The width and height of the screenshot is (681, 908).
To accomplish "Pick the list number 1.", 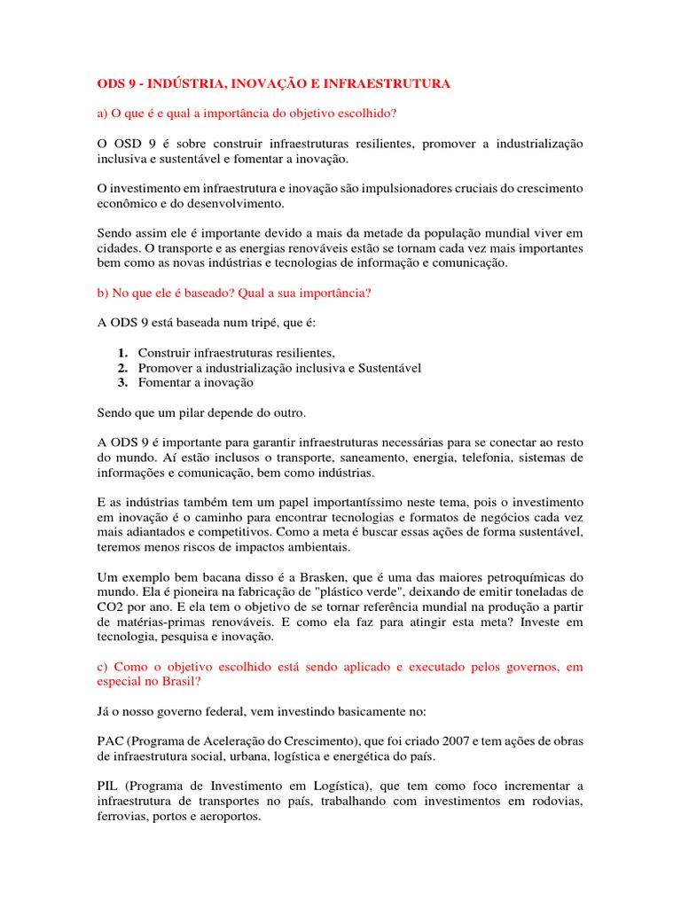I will click(x=122, y=353).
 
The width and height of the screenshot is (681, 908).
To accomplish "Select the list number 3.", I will click(x=122, y=383).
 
